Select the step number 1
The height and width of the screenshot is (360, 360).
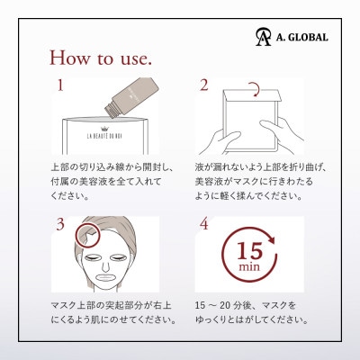click(x=60, y=87)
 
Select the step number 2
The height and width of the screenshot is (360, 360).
click(x=203, y=86)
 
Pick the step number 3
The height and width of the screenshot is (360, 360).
click(x=60, y=224)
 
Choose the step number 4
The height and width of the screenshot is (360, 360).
click(x=203, y=224)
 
